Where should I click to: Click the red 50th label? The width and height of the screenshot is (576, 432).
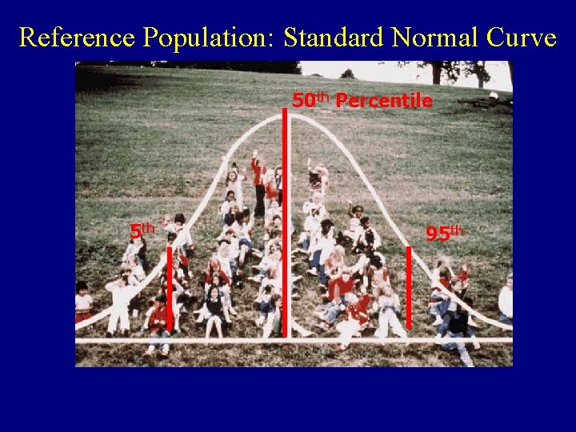click(x=310, y=100)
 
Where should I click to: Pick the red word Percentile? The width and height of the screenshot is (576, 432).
click(x=384, y=101)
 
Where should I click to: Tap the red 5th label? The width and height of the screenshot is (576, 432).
click(x=142, y=230)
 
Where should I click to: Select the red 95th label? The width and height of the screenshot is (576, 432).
click(x=444, y=234)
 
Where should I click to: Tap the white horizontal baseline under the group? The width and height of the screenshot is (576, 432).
click(x=240, y=341)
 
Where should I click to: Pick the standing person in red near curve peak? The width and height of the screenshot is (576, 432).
click(x=258, y=184)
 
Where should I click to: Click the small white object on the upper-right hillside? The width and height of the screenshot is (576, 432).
click(x=493, y=95)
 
